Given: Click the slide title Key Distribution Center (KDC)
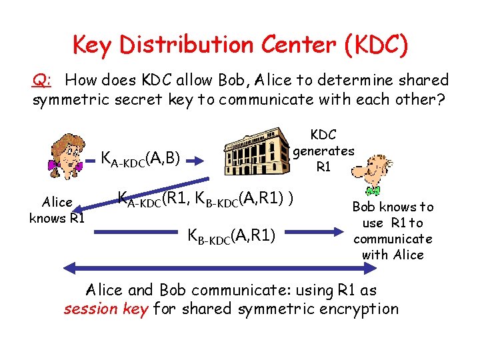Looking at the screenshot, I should tap(240, 45).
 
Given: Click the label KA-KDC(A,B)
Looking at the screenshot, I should tap(141, 159).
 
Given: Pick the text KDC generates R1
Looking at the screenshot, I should tap(323, 151).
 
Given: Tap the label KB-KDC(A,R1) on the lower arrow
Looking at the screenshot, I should tap(233, 235).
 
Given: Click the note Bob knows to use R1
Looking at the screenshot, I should tap(393, 231).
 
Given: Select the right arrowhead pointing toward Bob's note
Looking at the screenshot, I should tap(337, 233).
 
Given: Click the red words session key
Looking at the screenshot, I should tap(105, 309).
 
